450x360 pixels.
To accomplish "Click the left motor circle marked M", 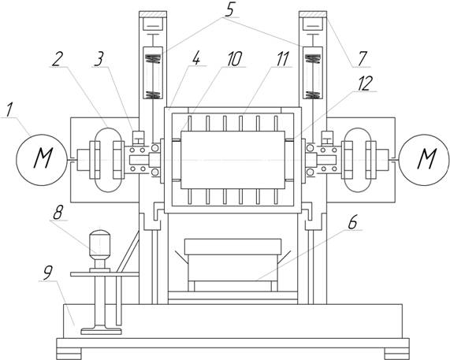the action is click(x=43, y=160).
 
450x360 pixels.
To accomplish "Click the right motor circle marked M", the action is click(x=425, y=160).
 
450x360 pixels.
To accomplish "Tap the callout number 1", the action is click(x=9, y=110).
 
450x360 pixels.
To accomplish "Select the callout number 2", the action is click(x=56, y=59).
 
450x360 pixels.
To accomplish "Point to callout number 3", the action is click(x=99, y=59).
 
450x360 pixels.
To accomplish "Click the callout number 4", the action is click(x=196, y=59).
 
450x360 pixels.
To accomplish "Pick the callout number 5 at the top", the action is click(x=229, y=10).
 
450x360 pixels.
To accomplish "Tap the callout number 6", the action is click(x=352, y=222).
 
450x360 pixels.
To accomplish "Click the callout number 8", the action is click(x=58, y=213).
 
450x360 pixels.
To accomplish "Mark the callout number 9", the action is click(x=47, y=273).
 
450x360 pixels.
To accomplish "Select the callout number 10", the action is click(x=235, y=59).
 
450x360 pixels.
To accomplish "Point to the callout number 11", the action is click(x=282, y=59).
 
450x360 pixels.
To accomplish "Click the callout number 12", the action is click(x=364, y=84).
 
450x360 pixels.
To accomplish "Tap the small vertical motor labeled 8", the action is click(x=100, y=251).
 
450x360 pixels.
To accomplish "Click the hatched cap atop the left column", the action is click(x=153, y=14).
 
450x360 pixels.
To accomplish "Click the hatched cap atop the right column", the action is click(x=313, y=14).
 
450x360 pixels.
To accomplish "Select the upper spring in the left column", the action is click(x=154, y=59).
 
